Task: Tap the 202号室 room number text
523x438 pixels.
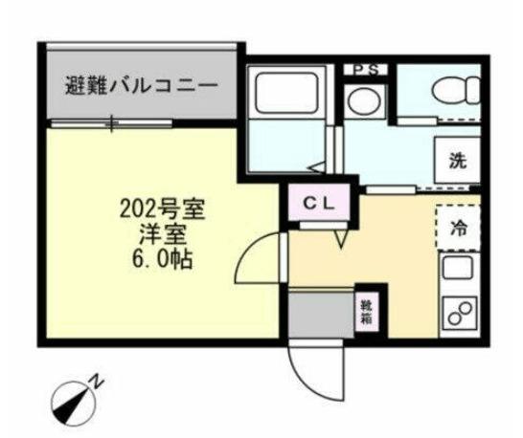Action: coord(159,207)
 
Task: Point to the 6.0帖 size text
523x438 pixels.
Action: coord(159,258)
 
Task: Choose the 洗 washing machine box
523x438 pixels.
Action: coord(459,162)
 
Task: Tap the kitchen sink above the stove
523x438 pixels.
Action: coord(457,271)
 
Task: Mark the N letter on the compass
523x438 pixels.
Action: coord(97,381)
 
